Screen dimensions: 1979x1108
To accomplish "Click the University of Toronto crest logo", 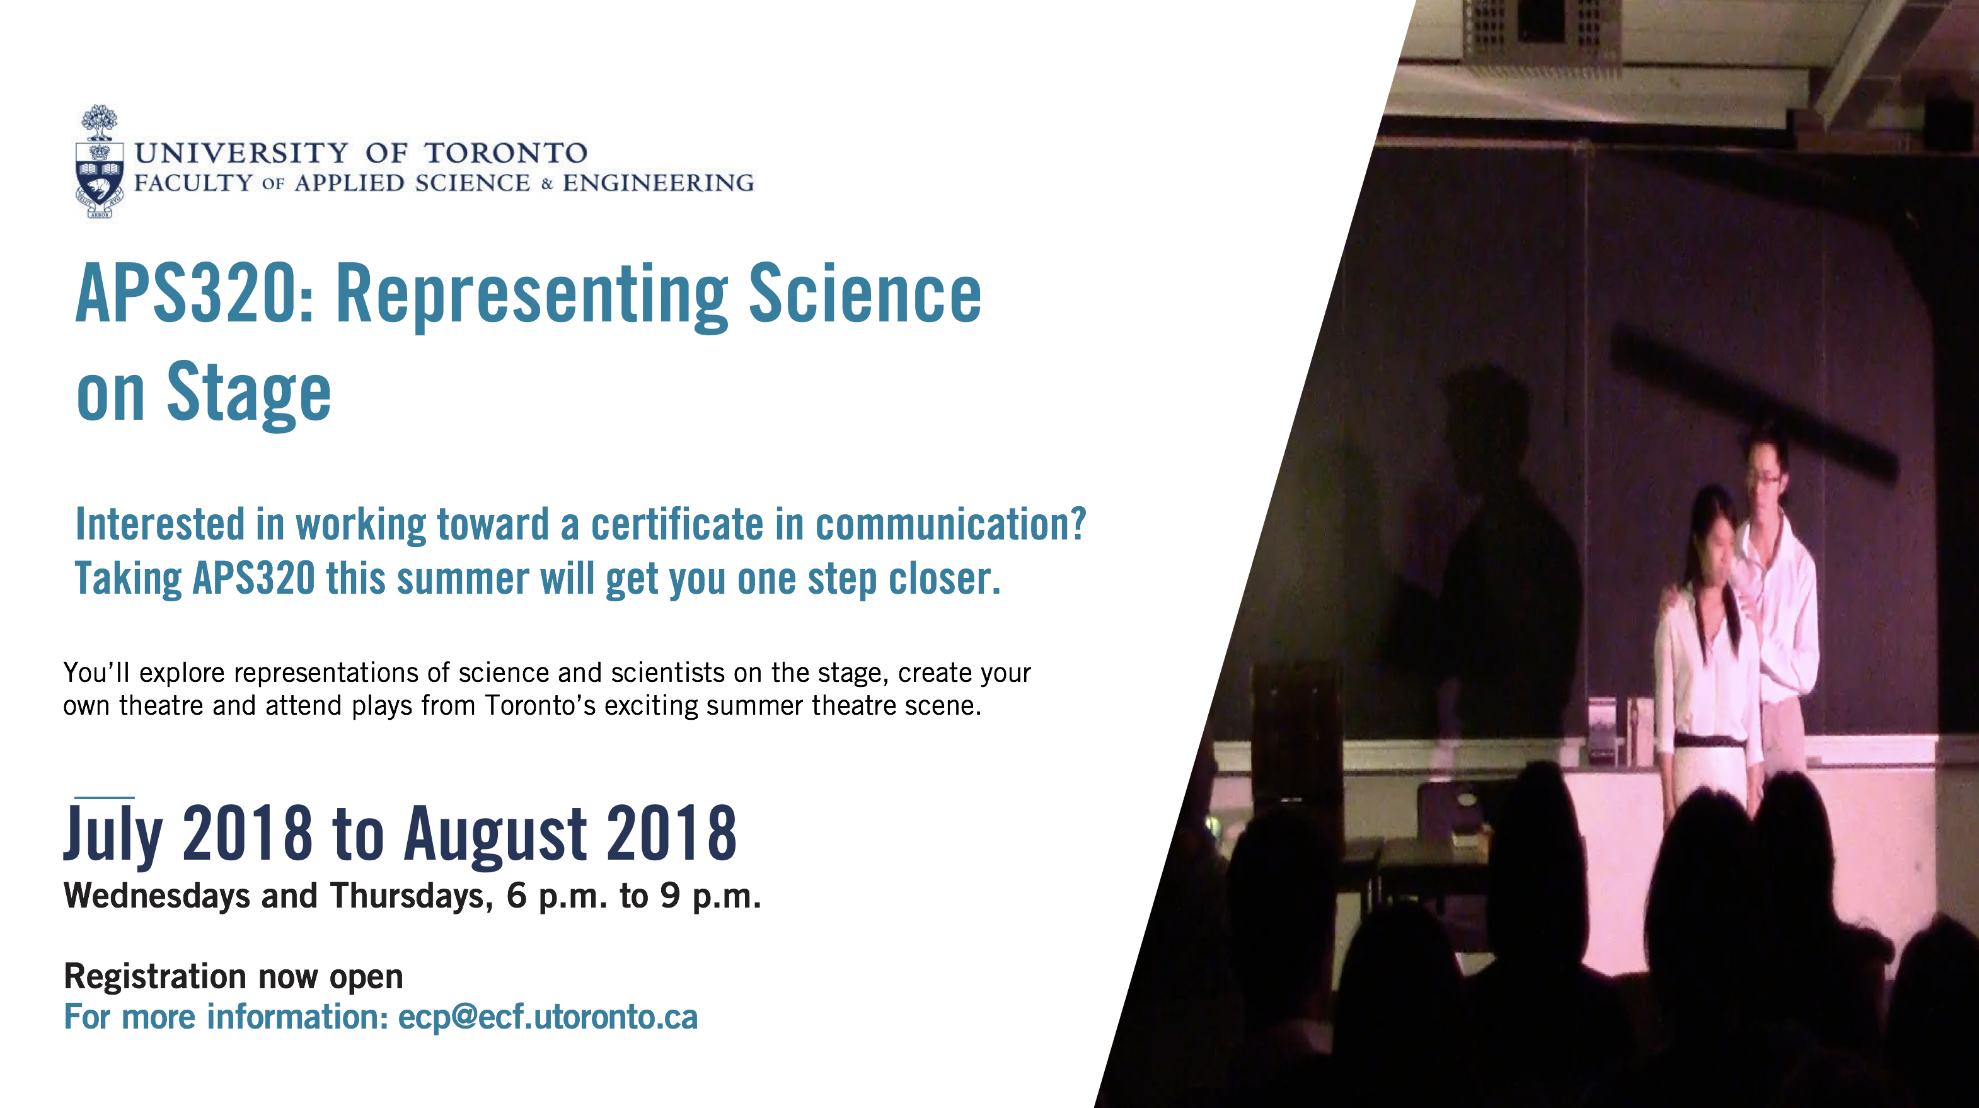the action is click(99, 161).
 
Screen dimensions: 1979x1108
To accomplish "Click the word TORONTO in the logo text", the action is click(506, 153).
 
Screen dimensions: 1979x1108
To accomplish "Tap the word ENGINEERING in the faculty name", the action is click(659, 183).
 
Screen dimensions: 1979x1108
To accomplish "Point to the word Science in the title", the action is click(865, 294).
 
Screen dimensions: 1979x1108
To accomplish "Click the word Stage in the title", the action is click(249, 393).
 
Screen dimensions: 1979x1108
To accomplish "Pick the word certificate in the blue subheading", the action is click(677, 525).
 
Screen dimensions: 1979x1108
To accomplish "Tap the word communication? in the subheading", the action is click(950, 525).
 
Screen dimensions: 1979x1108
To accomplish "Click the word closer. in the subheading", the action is click(945, 579).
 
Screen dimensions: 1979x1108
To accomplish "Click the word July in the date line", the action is click(113, 834).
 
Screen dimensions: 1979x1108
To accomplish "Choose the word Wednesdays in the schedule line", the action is click(157, 897).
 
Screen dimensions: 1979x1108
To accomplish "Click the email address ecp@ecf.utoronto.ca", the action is click(548, 1017).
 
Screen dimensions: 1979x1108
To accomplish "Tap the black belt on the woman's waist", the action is click(1710, 741).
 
